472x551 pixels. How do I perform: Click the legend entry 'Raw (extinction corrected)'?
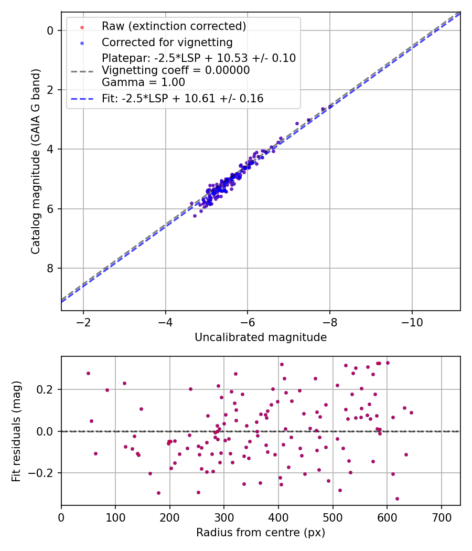pyautogui.click(x=174, y=26)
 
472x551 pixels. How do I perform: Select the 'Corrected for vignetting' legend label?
pyautogui.click(x=167, y=42)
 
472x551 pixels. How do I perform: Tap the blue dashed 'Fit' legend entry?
pyautogui.click(x=183, y=98)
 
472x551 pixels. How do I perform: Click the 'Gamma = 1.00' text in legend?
pyautogui.click(x=143, y=82)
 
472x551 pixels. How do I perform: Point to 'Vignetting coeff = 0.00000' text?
pyautogui.click(x=176, y=70)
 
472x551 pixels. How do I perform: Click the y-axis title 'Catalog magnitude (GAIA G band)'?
pyautogui.click(x=36, y=161)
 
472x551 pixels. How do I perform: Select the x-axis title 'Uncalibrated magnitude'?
pyautogui.click(x=261, y=337)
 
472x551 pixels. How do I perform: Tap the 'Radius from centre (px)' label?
pyautogui.click(x=261, y=533)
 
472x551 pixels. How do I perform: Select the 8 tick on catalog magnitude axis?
pyautogui.click(x=50, y=268)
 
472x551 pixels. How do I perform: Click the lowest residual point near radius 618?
pyautogui.click(x=397, y=499)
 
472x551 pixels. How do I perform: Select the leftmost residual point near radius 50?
pyautogui.click(x=88, y=373)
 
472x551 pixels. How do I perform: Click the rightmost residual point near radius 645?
pyautogui.click(x=411, y=412)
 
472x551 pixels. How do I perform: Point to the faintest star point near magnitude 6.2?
pyautogui.click(x=195, y=216)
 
